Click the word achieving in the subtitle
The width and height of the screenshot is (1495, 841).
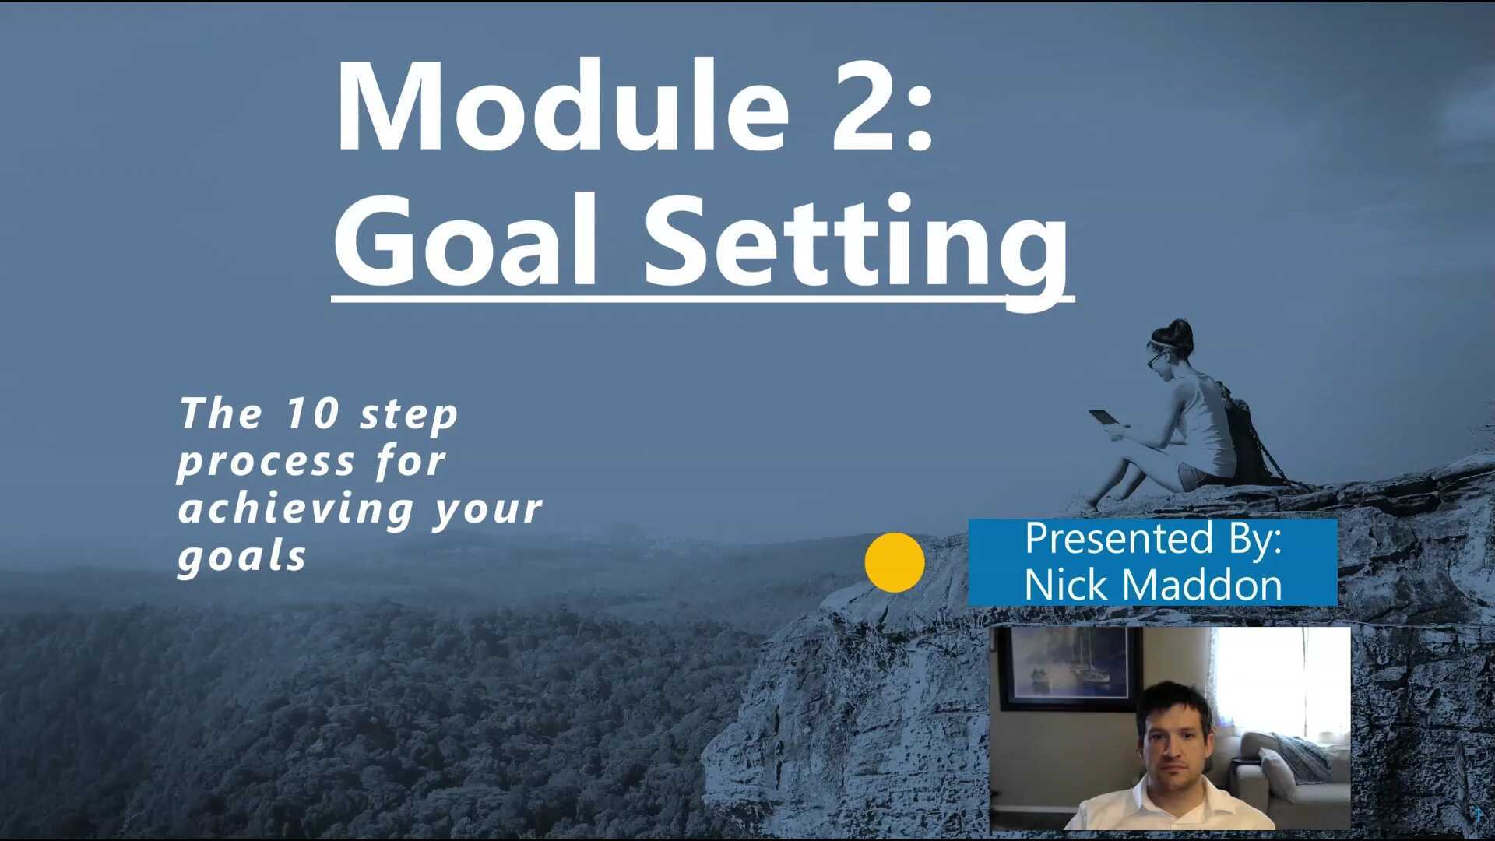[x=296, y=508]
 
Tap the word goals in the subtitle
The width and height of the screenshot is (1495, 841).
[x=242, y=556]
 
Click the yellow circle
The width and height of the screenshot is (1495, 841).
[x=895, y=562]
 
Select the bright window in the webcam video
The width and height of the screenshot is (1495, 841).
[x=1277, y=677]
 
